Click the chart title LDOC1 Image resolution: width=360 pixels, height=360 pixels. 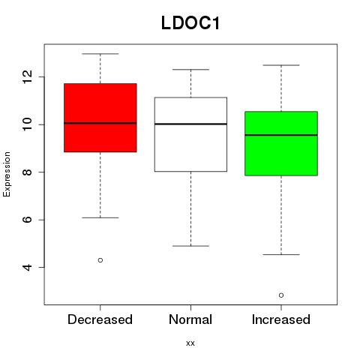[190, 22]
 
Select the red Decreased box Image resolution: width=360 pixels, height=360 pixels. [100, 118]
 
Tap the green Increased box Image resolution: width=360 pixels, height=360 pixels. [281, 143]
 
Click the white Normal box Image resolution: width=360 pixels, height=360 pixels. [190, 134]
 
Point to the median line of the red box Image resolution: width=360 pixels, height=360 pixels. [100, 123]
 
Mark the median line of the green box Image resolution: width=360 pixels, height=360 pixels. [281, 135]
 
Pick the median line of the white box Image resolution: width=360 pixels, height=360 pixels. [190, 124]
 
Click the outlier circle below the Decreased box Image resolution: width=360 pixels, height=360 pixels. [100, 260]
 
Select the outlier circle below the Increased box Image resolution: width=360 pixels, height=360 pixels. [281, 295]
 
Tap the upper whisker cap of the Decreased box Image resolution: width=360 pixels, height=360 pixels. [100, 54]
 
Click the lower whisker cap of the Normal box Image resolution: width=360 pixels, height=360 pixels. [190, 246]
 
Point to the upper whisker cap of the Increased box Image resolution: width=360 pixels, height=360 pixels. [281, 65]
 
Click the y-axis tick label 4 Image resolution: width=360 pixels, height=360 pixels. [27, 268]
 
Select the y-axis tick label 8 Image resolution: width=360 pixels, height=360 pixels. [27, 172]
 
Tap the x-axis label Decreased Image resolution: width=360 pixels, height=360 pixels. [100, 319]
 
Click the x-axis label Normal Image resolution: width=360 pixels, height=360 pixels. [190, 319]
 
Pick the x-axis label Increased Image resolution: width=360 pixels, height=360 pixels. [281, 319]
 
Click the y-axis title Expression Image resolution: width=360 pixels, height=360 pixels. [7, 174]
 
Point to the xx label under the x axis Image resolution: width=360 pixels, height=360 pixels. [190, 343]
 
